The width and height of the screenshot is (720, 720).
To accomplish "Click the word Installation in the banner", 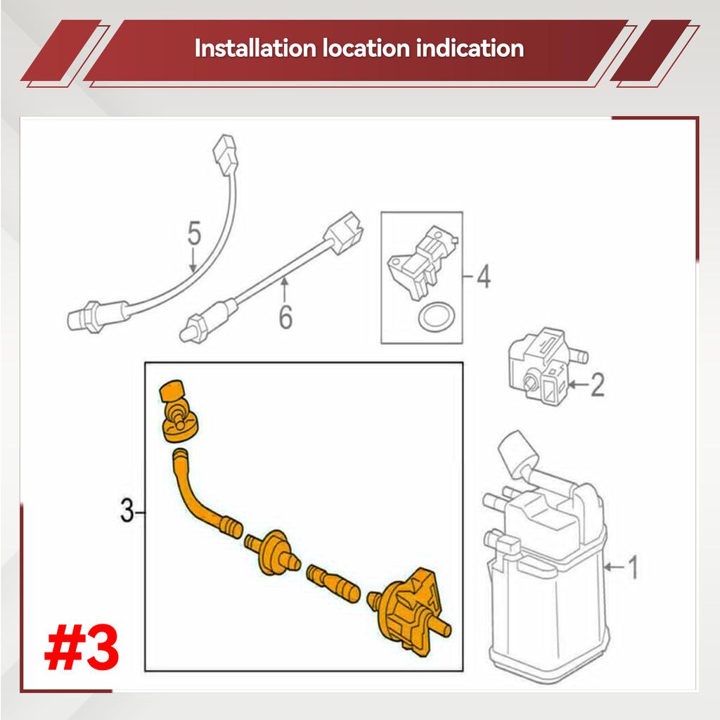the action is (x=255, y=49).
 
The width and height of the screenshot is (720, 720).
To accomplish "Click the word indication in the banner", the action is (x=470, y=49).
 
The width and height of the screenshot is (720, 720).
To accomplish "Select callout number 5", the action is (x=194, y=233).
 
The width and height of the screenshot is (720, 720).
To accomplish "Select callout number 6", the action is (x=285, y=316).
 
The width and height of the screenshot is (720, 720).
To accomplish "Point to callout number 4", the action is (x=484, y=276).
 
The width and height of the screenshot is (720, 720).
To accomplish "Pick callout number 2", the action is (x=597, y=385).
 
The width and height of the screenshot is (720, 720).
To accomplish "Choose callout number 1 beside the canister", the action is (x=633, y=567).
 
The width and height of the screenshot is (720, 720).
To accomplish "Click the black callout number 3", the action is (x=127, y=510).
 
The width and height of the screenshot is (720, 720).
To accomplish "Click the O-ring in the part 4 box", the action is (x=437, y=316).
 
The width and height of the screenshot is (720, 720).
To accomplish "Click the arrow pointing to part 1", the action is (x=614, y=567).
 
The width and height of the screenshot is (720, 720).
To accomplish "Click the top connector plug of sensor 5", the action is (x=226, y=155).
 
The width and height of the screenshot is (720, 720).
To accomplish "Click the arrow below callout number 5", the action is (x=193, y=260).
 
